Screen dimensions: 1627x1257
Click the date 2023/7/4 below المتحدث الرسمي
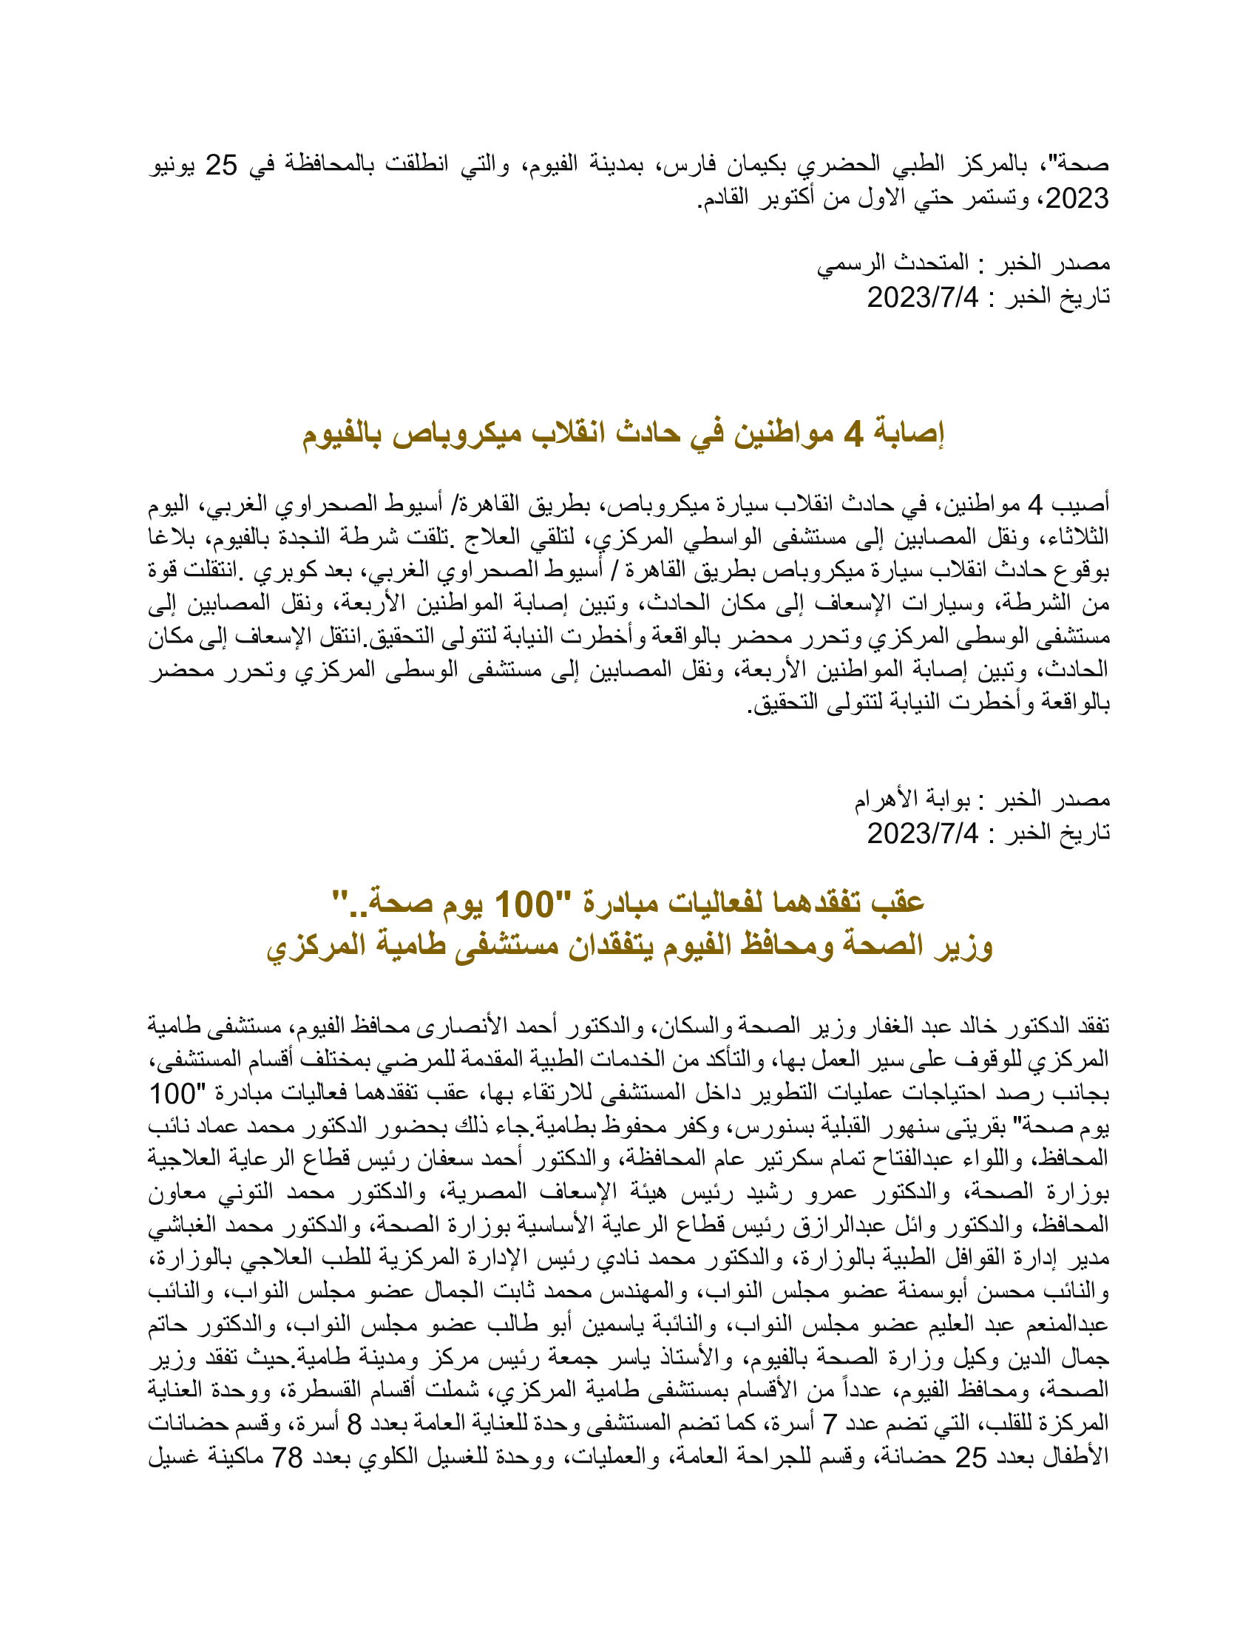923,297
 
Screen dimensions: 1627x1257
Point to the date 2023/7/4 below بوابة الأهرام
923,833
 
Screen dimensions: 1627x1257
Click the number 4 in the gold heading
853,433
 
